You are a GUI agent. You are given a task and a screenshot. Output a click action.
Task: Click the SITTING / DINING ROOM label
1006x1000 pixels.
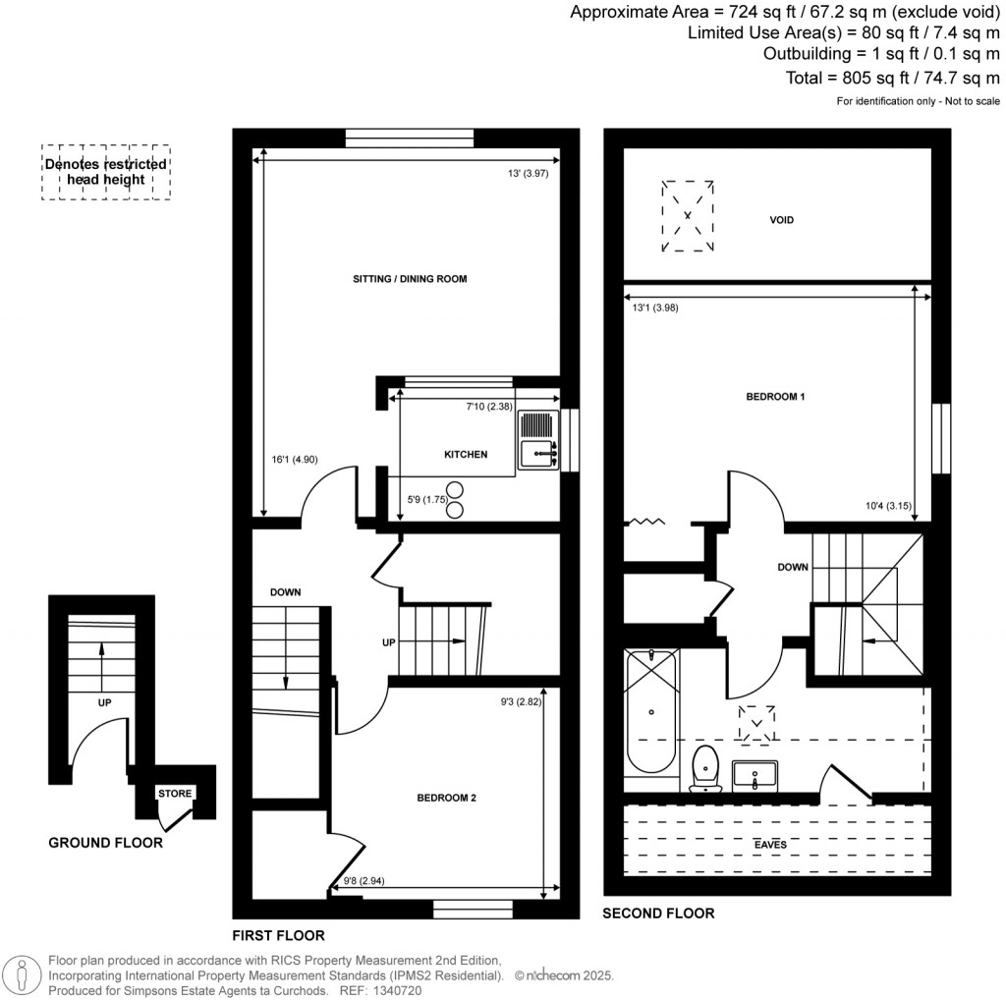point(410,279)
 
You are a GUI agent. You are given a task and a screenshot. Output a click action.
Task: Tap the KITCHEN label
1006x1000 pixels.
point(466,454)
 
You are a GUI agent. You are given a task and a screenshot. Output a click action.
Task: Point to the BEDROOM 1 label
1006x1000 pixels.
point(776,397)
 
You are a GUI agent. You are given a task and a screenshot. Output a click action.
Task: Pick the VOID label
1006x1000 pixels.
point(782,220)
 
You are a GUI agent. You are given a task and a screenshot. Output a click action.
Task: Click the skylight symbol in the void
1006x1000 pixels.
point(688,215)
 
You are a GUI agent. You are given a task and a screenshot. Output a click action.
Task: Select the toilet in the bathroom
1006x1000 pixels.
point(705,768)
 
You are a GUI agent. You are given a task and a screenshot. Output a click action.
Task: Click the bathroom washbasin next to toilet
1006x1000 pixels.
point(754,775)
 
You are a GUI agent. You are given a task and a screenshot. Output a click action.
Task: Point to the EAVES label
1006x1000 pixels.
point(770,844)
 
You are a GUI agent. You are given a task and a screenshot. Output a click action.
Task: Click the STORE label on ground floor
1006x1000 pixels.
point(177,794)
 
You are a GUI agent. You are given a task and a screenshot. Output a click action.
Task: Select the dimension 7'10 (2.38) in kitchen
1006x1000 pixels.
point(489,406)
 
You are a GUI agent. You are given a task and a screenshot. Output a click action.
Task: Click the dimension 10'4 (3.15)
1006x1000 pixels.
point(885,506)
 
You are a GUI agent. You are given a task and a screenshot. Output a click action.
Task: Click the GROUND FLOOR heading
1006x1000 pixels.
point(106,842)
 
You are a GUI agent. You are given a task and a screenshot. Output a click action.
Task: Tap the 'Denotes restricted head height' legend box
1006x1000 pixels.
point(105,173)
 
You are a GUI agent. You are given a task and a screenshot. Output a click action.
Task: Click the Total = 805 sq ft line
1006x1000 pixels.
point(893,78)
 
